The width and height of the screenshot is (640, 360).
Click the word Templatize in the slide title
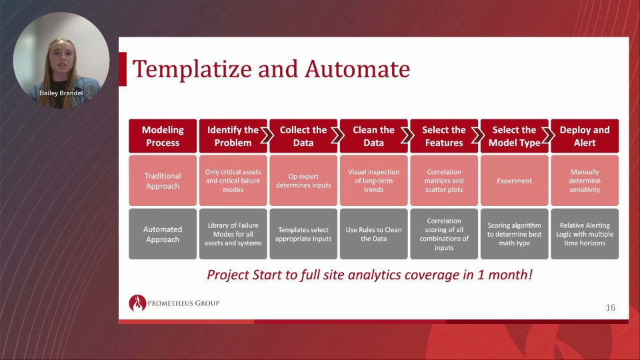pos(192,69)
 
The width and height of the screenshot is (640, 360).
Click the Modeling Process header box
pos(163,136)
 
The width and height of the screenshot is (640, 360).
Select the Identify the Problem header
pos(233,136)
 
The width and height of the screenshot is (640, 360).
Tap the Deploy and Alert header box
pos(585,136)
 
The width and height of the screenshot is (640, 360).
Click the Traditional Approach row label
pos(163,181)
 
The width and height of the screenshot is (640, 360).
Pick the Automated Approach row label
pos(163,234)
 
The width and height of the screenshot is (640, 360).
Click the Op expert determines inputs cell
pos(303,181)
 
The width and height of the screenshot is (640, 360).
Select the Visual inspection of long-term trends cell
pos(373,181)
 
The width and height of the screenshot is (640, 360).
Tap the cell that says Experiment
pos(514,181)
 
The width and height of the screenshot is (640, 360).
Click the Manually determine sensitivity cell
pos(585,181)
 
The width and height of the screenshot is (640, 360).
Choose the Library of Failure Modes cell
pos(233,234)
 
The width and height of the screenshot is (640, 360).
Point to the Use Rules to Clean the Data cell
pos(373,234)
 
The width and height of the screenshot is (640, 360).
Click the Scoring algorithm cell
pos(514,234)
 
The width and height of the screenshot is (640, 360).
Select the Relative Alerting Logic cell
pos(585,234)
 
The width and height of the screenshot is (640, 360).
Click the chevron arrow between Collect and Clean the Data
pos(337,135)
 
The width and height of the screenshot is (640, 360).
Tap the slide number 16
pos(610,307)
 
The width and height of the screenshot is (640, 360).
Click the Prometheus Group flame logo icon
pos(137,303)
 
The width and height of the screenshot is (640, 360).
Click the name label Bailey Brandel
pos(61,93)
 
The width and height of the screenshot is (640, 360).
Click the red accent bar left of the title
pos(123,69)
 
